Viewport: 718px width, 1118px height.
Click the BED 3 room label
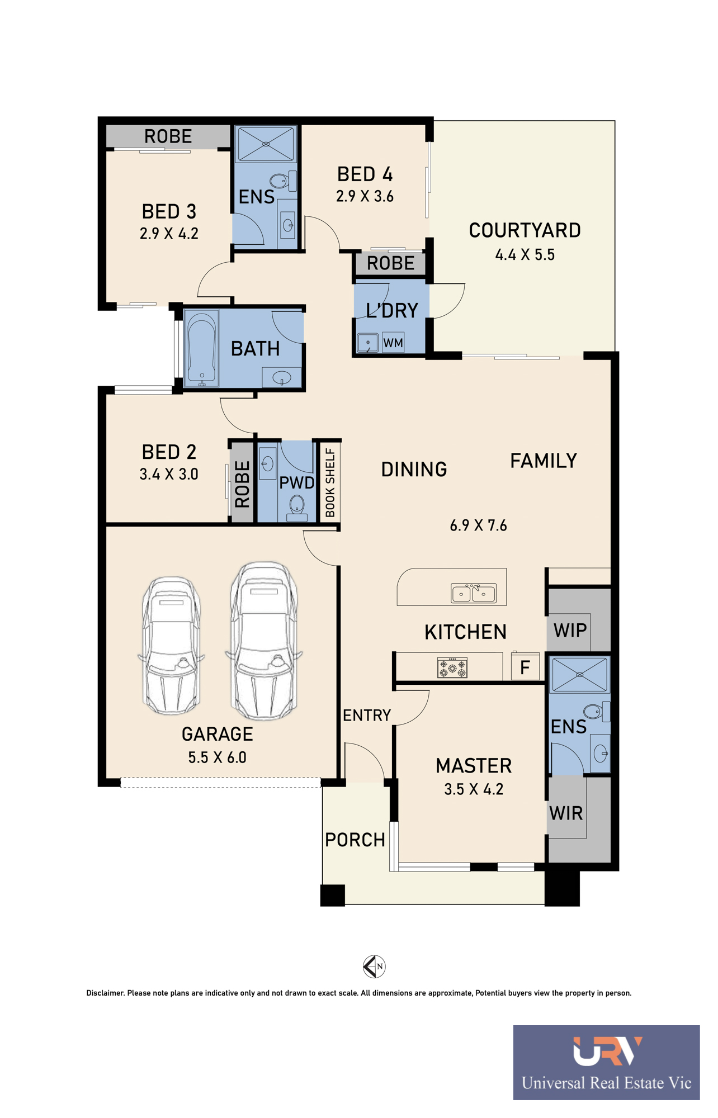tap(169, 211)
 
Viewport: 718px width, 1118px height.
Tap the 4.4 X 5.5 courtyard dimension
tap(525, 255)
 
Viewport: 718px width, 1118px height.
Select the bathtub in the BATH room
tap(201, 349)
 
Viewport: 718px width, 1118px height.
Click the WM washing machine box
tap(393, 343)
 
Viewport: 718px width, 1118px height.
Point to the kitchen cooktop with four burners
tap(452, 667)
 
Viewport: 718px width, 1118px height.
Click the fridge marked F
tap(525, 666)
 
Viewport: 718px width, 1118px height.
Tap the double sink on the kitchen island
tap(473, 593)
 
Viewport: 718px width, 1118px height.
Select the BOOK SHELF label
tap(330, 482)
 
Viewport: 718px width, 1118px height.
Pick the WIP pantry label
tap(570, 631)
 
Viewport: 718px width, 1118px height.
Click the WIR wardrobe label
tap(566, 813)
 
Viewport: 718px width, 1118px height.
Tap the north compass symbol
tap(374, 966)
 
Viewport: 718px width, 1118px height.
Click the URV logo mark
tap(607, 1051)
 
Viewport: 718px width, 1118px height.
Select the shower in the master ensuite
tap(579, 675)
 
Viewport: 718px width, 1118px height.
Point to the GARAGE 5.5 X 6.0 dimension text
tap(217, 757)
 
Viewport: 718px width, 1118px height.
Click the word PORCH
tap(355, 840)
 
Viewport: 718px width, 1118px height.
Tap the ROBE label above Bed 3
tap(168, 136)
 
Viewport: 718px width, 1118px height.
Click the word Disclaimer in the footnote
tap(105, 993)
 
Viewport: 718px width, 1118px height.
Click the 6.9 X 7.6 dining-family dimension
tap(478, 525)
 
